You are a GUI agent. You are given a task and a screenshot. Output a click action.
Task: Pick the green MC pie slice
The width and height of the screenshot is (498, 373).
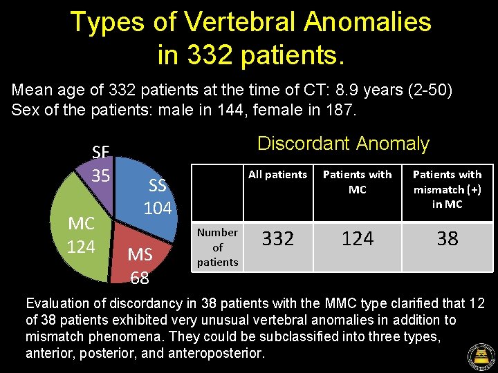click(80, 238)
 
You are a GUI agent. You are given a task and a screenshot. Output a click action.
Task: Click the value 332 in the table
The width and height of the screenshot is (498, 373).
click(277, 239)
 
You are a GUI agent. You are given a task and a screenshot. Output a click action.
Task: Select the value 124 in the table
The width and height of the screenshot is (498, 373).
click(357, 239)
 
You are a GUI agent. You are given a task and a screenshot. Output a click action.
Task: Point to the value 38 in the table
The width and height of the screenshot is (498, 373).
click(448, 239)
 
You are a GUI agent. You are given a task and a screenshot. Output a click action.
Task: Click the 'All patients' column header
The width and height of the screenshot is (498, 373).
click(277, 175)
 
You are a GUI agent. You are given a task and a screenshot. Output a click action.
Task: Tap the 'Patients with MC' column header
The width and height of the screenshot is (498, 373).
click(357, 182)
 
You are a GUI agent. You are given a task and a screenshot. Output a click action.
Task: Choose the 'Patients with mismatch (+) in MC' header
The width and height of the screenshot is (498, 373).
click(448, 189)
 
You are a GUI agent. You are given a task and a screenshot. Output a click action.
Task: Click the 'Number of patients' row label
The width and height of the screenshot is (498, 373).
click(217, 247)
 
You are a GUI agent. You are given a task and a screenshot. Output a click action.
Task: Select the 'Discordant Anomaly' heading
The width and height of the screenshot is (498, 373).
click(343, 144)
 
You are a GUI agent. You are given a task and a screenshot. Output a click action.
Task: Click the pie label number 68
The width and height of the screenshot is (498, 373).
click(140, 278)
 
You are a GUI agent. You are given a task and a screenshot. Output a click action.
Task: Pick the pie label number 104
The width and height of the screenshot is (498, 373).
click(157, 208)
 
